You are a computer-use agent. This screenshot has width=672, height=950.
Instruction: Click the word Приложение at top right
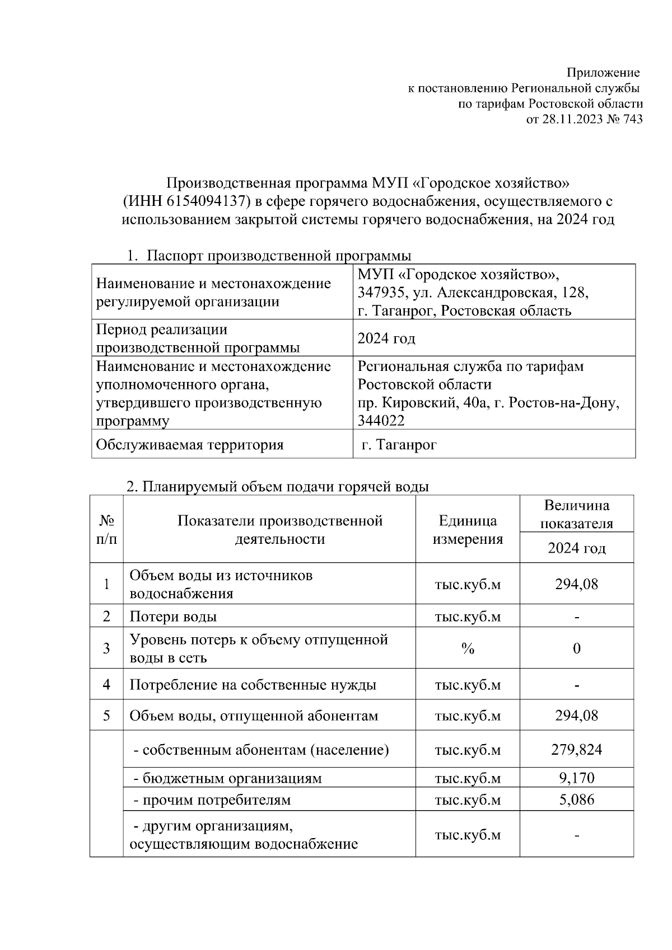pyautogui.click(x=603, y=73)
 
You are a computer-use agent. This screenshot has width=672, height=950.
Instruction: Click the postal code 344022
pyautogui.click(x=381, y=420)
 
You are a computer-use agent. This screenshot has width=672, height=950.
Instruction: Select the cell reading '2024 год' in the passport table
pyautogui.click(x=386, y=338)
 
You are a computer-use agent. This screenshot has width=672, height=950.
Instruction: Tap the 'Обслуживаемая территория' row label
pyautogui.click(x=190, y=445)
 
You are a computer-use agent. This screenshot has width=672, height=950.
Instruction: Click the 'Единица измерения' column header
pyautogui.click(x=468, y=530)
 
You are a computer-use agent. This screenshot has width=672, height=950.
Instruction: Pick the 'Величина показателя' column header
pyautogui.click(x=576, y=514)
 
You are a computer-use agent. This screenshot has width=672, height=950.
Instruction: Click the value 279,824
pyautogui.click(x=576, y=750)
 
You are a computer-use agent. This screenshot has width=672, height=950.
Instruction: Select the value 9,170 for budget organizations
pyautogui.click(x=576, y=778)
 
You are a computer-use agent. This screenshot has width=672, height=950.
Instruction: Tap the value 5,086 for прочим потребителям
pyautogui.click(x=576, y=799)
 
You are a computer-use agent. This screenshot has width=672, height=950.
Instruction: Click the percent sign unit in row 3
pyautogui.click(x=468, y=648)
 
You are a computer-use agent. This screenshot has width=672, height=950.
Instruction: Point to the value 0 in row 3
pyautogui.click(x=576, y=648)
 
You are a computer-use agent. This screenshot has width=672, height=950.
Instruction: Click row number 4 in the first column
pyautogui.click(x=106, y=685)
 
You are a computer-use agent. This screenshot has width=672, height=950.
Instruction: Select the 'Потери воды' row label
pyautogui.click(x=173, y=617)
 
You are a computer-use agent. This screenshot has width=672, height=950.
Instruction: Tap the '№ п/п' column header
pyautogui.click(x=106, y=530)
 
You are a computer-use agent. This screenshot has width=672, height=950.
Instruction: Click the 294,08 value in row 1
pyautogui.click(x=576, y=584)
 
